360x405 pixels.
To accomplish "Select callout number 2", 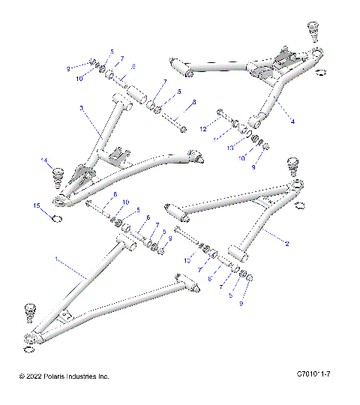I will click(286, 243).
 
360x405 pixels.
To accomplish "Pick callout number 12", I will click(202, 129).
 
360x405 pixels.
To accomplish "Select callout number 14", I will click(44, 160).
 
